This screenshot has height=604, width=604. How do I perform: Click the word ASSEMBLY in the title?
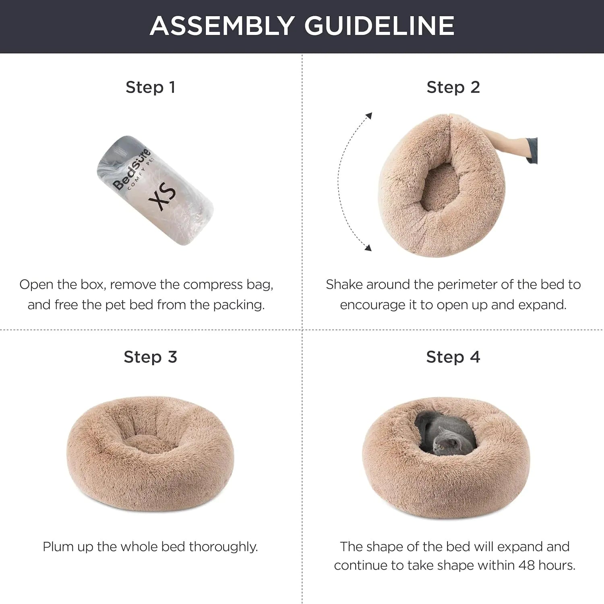click(222, 26)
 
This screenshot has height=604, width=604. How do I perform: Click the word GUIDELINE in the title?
click(379, 26)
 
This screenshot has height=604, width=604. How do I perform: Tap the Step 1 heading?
click(151, 87)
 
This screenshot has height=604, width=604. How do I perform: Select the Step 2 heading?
click(453, 87)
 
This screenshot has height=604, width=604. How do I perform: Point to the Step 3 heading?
click(150, 357)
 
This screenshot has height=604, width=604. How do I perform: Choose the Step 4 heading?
click(453, 357)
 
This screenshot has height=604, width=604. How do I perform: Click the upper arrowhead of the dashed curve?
click(368, 116)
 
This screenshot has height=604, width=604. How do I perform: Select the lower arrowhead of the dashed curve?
click(368, 247)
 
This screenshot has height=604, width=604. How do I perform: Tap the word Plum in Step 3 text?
click(57, 547)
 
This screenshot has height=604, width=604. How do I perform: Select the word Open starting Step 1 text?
click(36, 284)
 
